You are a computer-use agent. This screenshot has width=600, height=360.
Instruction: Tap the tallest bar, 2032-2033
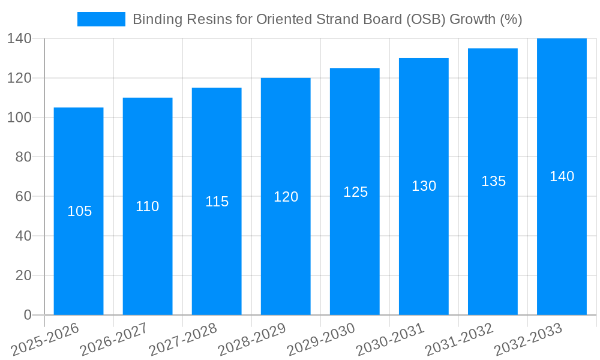(562, 240)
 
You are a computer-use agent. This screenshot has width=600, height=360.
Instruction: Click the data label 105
(79, 211)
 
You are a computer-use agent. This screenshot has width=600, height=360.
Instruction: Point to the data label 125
(355, 192)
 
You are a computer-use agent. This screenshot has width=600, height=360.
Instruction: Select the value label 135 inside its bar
(493, 181)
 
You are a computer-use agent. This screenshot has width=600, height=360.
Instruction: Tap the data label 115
(217, 202)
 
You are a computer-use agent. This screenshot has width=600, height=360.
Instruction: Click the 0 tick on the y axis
(27, 315)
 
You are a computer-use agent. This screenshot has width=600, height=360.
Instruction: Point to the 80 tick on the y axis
(23, 157)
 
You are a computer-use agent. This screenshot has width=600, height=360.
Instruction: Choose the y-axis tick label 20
(23, 275)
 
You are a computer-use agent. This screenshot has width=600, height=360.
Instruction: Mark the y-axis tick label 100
(19, 118)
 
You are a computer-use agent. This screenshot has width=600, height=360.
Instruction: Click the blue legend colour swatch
(101, 19)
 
